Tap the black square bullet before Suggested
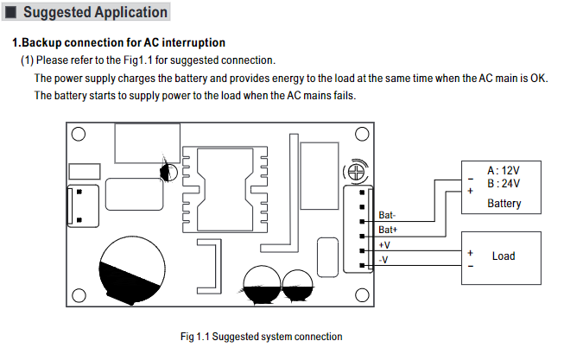tap(11, 14)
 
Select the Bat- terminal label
tap(388, 215)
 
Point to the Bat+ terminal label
tap(388, 231)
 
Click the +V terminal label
tap(385, 245)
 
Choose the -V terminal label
tap(384, 260)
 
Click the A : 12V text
tap(504, 171)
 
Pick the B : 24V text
tap(504, 184)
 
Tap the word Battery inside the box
tap(504, 204)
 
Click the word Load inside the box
tap(504, 256)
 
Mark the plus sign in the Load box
tap(471, 253)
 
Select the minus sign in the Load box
tap(471, 266)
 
